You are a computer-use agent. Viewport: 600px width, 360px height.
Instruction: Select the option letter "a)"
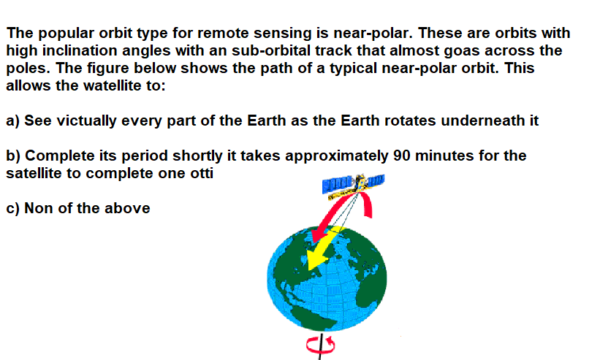[13, 120]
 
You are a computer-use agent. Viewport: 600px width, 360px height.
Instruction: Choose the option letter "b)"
[13, 156]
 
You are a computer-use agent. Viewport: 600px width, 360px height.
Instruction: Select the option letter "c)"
[13, 208]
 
